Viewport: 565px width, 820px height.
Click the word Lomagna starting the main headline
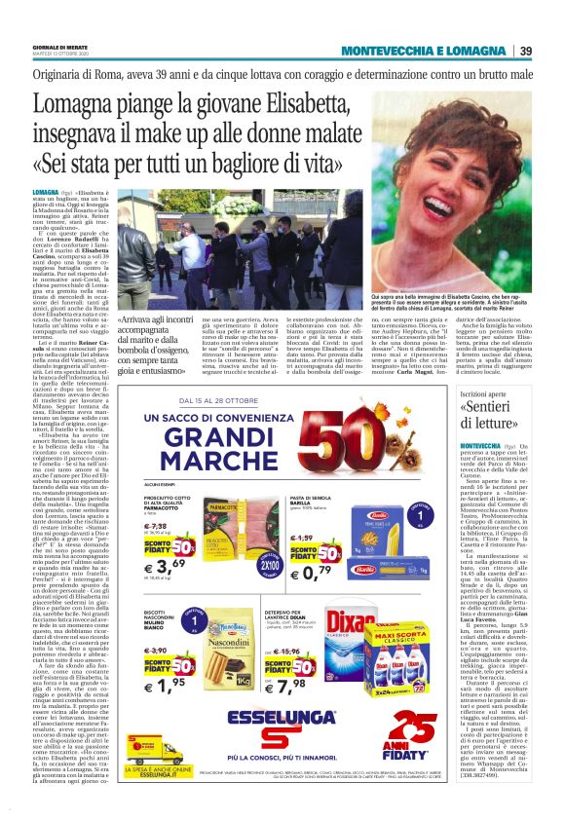pos(73,104)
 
